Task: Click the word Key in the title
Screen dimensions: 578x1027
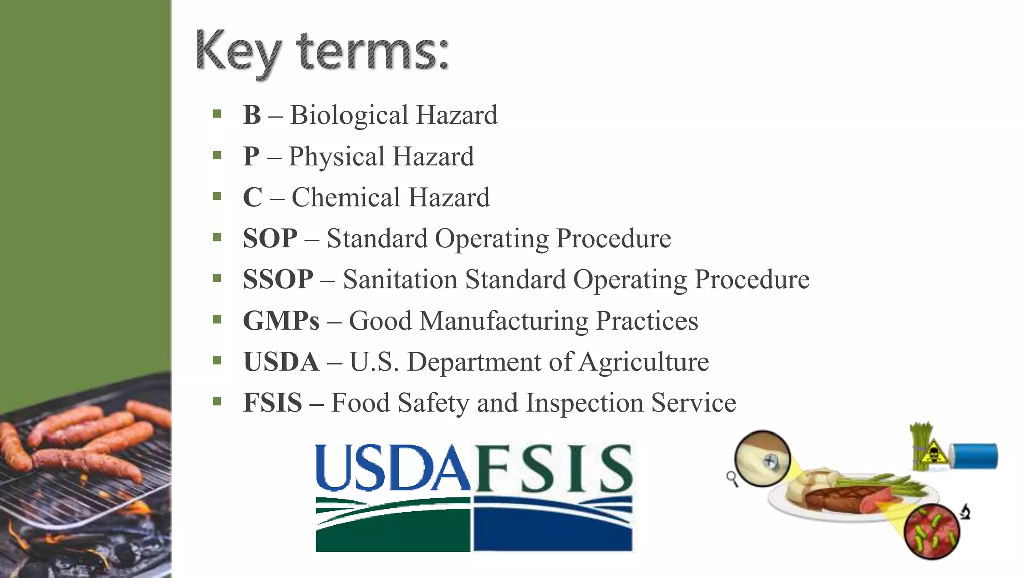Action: pos(238,52)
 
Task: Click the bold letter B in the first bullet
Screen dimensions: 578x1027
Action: pos(252,115)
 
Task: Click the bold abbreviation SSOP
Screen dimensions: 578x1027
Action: pos(278,279)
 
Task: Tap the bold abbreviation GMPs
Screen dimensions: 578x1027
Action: pos(281,321)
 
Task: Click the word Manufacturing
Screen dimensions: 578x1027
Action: pos(503,321)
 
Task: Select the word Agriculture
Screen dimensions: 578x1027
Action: pos(643,362)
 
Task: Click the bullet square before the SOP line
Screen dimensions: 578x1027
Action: pos(217,237)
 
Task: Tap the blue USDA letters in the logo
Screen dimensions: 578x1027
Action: pos(393,468)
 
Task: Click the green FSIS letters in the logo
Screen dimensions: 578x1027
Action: pos(553,468)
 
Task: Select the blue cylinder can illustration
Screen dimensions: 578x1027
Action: pos(975,456)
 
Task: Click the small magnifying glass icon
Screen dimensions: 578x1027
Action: pos(732,478)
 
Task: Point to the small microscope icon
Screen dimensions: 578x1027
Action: pos(965,512)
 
